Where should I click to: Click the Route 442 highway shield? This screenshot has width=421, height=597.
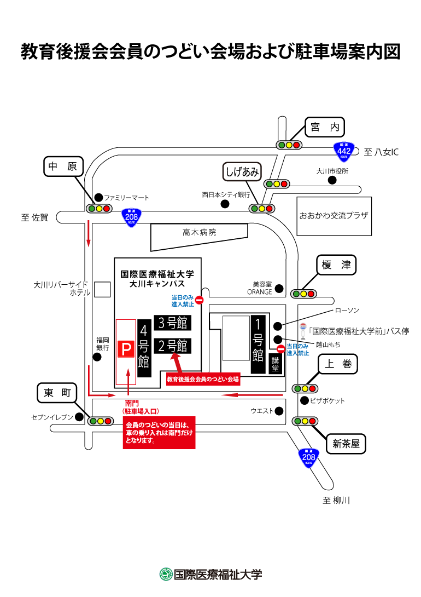tap(344, 151)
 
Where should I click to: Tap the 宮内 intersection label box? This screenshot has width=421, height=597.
tap(325, 127)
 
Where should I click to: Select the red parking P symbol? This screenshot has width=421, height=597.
tap(126, 349)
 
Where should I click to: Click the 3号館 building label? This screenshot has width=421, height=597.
tap(173, 323)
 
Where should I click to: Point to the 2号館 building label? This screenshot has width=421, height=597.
tap(173, 346)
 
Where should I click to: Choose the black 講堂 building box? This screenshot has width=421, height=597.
tap(276, 364)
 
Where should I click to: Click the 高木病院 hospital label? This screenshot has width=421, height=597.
tap(199, 232)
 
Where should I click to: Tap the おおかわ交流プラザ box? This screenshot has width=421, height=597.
tap(334, 216)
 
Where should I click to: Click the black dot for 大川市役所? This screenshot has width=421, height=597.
tap(332, 180)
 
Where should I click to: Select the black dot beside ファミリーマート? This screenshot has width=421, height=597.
tap(98, 197)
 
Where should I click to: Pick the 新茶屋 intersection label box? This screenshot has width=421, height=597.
tap(346, 444)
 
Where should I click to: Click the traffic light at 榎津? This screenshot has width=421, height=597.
tap(303, 294)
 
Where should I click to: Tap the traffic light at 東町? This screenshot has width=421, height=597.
tap(101, 421)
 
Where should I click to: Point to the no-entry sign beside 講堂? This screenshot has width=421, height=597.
tap(281, 349)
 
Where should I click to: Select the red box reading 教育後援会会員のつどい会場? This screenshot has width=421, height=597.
tap(203, 379)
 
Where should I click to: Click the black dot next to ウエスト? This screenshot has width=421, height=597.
tap(279, 411)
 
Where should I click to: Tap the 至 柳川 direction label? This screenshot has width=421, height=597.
tap(336, 500)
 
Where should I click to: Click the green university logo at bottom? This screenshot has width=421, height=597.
tap(166, 574)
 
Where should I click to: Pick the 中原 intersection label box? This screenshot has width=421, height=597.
tap(63, 167)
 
